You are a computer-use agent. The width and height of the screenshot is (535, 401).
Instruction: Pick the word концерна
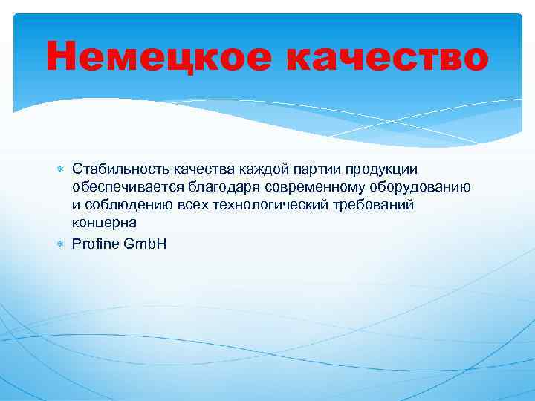point(104,222)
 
